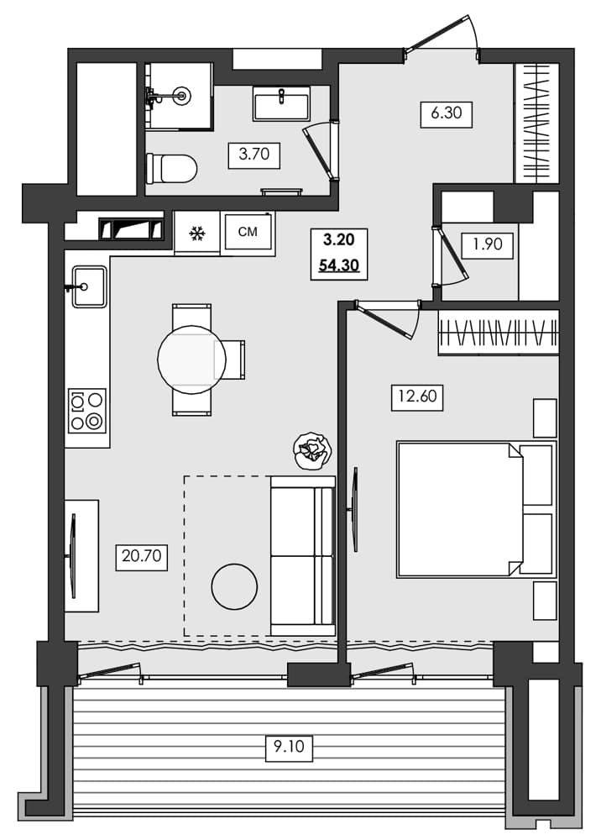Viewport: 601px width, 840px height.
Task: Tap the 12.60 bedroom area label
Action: [417, 396]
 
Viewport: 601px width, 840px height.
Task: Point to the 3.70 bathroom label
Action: [254, 155]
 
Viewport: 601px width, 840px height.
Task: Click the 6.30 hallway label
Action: [447, 113]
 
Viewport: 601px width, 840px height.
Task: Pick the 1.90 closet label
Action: [487, 245]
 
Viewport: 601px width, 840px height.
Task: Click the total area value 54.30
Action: [338, 265]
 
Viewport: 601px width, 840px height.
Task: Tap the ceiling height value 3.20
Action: [338, 240]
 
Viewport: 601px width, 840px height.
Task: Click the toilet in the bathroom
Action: [171, 169]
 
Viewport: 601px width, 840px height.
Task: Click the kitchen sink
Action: [88, 286]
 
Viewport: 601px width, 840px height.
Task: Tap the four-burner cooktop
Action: [87, 411]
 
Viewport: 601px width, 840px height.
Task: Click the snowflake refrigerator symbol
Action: [196, 233]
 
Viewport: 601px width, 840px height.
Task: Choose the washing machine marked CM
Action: [248, 232]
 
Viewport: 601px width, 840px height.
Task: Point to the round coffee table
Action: [233, 587]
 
